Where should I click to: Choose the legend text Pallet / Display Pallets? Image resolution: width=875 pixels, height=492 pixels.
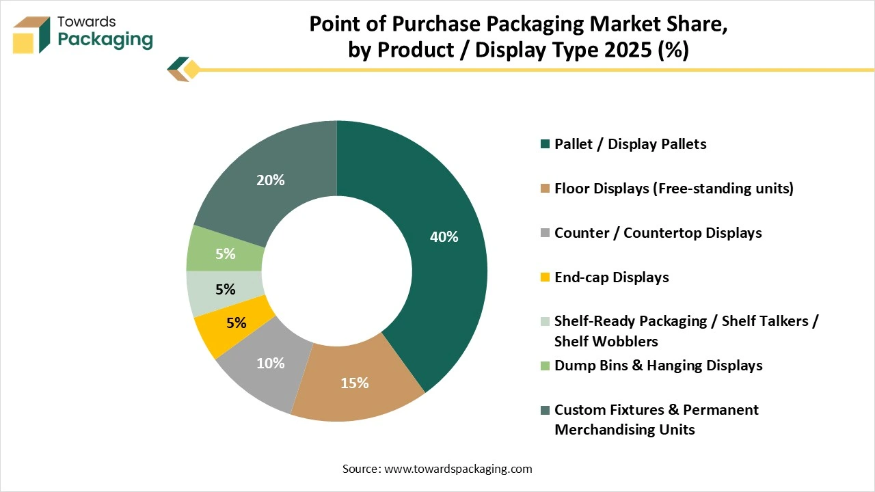pos(630,144)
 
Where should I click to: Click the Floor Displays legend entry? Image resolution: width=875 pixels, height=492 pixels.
pos(673,189)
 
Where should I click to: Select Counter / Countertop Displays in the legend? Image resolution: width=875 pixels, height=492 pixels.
pos(658,233)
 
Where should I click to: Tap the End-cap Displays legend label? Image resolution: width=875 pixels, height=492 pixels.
pos(611,277)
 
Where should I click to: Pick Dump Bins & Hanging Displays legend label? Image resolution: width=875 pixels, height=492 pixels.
pos(658,366)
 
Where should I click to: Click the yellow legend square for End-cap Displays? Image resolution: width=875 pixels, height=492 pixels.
pos(545,277)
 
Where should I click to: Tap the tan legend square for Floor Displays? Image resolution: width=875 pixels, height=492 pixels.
pos(545,189)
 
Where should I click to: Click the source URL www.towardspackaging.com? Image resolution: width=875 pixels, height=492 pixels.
pos(458,469)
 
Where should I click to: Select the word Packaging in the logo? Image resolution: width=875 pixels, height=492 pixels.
pos(105,39)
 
